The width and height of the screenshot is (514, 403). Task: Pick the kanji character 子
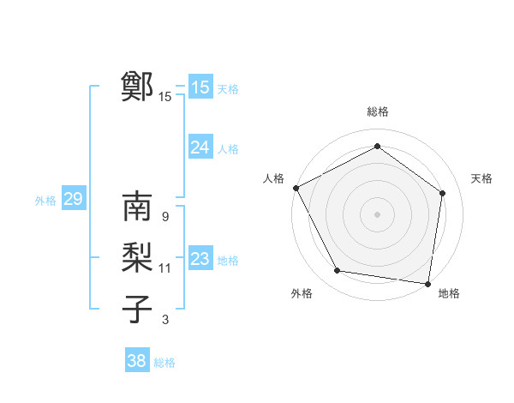tap(137, 309)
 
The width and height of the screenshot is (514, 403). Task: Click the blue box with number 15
tap(200, 87)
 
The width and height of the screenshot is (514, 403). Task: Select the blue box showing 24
tap(200, 147)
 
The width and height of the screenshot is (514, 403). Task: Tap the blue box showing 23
tap(200, 259)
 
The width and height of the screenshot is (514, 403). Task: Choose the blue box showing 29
tap(73, 200)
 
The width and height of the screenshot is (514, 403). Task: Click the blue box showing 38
tap(136, 361)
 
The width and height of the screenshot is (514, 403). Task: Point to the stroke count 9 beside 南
tap(164, 217)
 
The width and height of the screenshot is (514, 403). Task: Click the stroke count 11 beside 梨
tap(165, 268)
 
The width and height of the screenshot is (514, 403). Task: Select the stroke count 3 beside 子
tap(165, 320)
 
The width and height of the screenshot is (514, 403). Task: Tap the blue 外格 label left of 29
tap(45, 201)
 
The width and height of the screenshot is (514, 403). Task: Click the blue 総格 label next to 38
tap(164, 363)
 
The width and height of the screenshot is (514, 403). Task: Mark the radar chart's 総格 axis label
tap(377, 111)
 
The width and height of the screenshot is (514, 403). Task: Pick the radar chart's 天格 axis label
tap(481, 178)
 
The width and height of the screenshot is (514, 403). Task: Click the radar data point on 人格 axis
tap(296, 188)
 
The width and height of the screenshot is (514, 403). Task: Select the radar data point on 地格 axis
tap(427, 282)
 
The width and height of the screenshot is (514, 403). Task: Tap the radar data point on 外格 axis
tap(338, 271)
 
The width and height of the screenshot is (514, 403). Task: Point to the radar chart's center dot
tap(377, 214)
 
